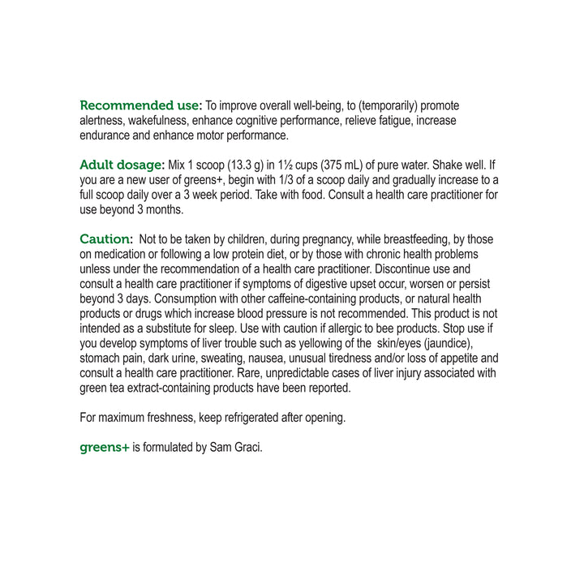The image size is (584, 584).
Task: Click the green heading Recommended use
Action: [x=140, y=105]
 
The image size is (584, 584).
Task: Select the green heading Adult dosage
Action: [x=122, y=165]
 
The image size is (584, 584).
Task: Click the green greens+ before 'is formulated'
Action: [x=105, y=447]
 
